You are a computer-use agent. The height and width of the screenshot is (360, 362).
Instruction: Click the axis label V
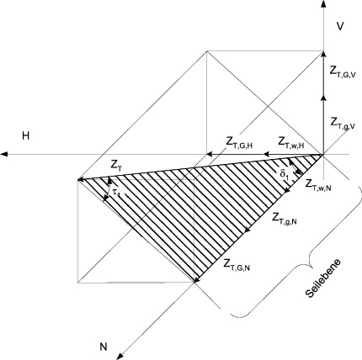(x=340, y=26)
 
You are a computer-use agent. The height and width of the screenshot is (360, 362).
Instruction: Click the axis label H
(x=26, y=135)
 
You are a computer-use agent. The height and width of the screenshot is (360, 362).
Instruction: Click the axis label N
(x=104, y=347)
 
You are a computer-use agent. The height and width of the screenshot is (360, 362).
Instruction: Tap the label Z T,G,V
(x=343, y=73)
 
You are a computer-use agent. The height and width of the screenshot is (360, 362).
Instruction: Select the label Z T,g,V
(x=343, y=124)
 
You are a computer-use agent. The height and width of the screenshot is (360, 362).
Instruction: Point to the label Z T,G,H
(x=239, y=144)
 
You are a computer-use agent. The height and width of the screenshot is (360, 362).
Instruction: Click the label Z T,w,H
(x=291, y=142)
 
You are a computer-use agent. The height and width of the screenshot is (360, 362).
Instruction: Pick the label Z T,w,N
(x=318, y=185)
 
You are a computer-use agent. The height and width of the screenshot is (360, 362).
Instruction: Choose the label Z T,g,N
(x=285, y=219)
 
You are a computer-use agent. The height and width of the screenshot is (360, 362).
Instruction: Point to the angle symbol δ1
(x=284, y=174)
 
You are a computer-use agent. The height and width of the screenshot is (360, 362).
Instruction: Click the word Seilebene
(x=323, y=278)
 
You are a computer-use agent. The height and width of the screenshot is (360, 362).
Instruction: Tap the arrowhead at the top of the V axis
(x=324, y=4)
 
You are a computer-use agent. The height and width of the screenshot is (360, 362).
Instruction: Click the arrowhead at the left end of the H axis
(x=4, y=154)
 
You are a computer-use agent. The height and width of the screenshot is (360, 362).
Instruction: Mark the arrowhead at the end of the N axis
(x=120, y=357)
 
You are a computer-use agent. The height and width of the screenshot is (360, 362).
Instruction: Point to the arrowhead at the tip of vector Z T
(x=82, y=179)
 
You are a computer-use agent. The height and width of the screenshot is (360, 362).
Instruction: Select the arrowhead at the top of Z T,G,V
(x=324, y=55)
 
